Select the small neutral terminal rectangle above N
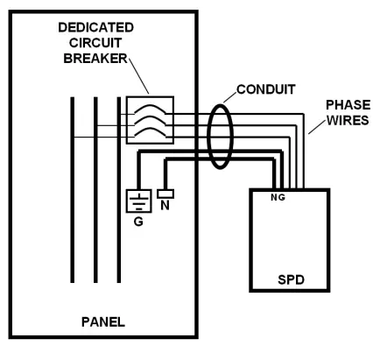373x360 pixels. (x=167, y=193)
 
